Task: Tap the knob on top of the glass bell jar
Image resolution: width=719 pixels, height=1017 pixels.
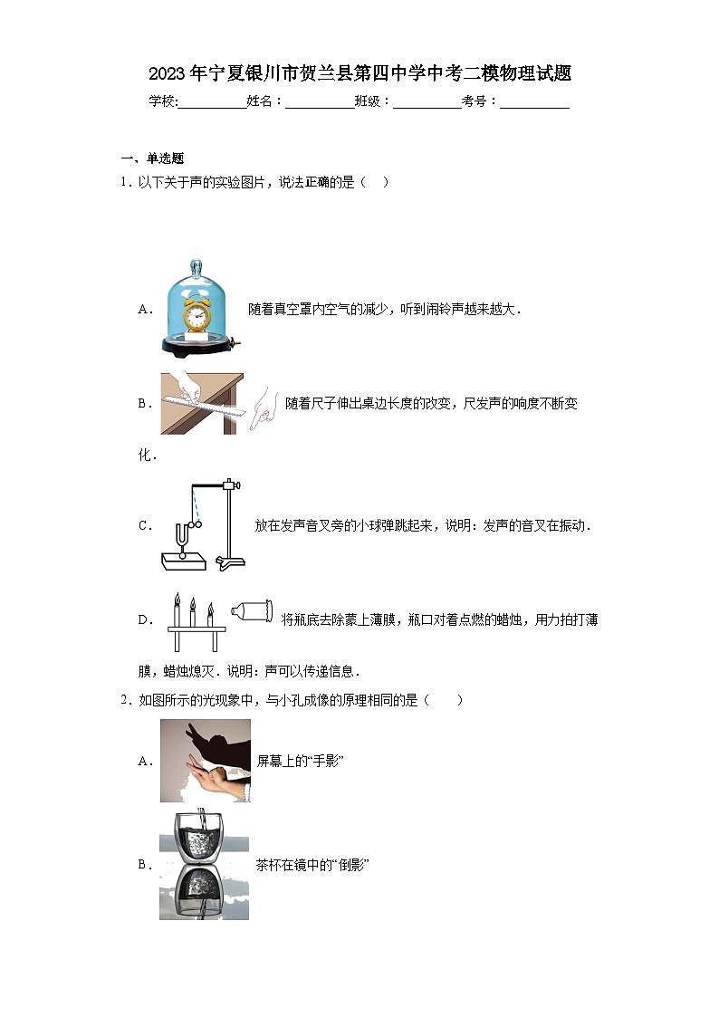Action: [195, 266]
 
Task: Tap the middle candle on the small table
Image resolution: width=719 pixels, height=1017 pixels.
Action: [192, 611]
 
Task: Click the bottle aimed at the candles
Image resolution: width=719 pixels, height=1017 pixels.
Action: [252, 612]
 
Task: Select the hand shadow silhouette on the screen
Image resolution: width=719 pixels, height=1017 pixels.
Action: [217, 743]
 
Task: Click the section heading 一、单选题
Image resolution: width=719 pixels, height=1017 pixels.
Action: [152, 158]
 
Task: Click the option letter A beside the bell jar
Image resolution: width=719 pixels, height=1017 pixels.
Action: [143, 310]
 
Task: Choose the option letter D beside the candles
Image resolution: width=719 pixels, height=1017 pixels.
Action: [143, 620]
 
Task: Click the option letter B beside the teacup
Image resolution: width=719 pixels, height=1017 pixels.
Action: [143, 866]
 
